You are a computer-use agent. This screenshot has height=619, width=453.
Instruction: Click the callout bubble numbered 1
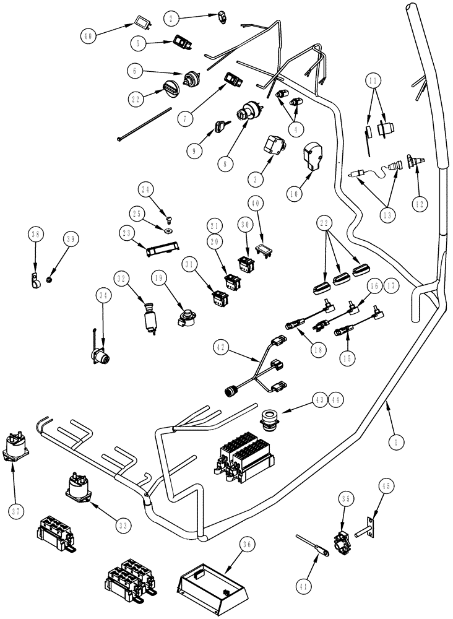coord(395,442)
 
